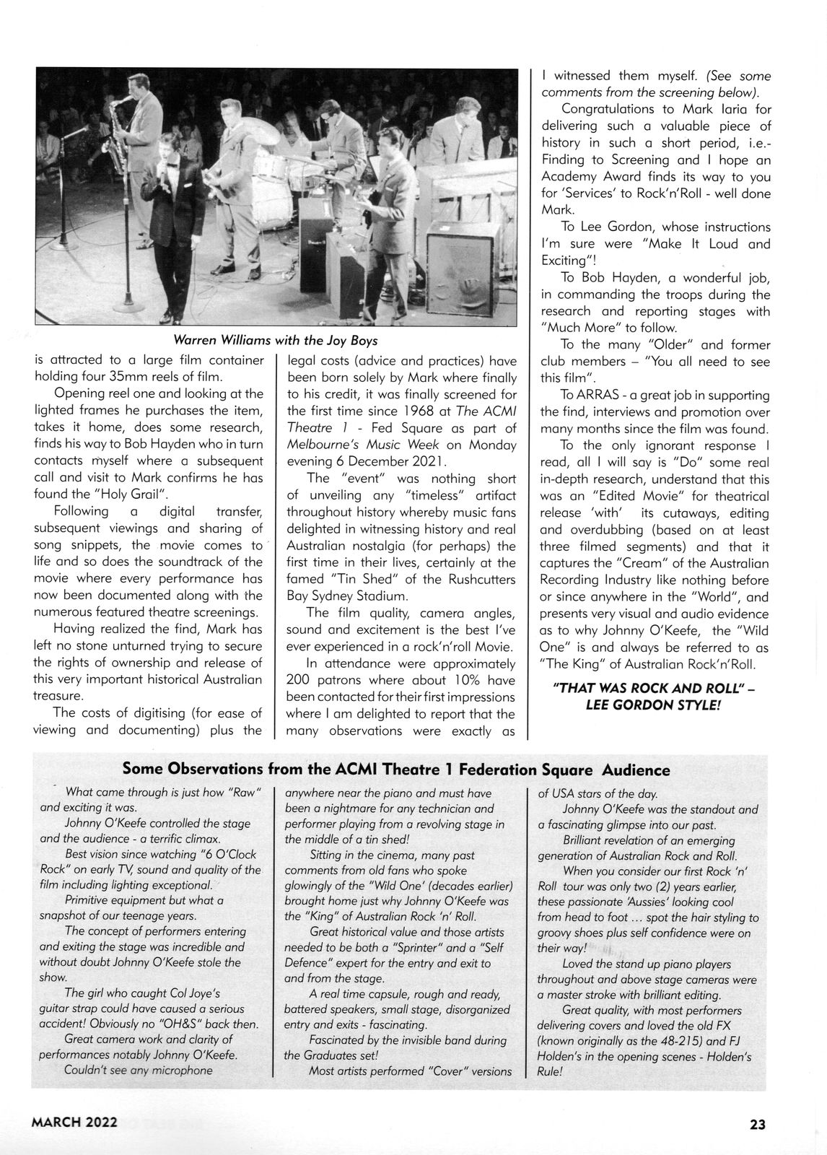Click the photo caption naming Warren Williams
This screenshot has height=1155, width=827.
(276, 339)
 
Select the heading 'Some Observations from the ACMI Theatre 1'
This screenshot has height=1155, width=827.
(396, 770)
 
